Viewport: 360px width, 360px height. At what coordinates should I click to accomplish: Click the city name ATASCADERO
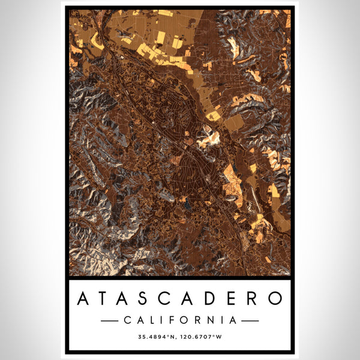[x=180, y=298]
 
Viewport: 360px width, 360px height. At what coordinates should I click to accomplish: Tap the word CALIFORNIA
[x=180, y=320]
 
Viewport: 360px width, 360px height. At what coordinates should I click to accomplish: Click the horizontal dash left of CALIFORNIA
[x=109, y=321]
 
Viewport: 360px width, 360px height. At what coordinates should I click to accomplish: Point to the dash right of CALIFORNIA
[x=250, y=321]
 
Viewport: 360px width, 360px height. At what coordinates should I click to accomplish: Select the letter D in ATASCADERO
[x=210, y=298]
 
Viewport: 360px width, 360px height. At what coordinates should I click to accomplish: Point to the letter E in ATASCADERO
[x=232, y=298]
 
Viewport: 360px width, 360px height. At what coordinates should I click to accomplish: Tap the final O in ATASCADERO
[x=275, y=298]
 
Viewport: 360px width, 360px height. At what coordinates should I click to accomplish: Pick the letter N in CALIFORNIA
[x=212, y=320]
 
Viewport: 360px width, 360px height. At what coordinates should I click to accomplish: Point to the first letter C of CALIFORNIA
[x=127, y=320]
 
